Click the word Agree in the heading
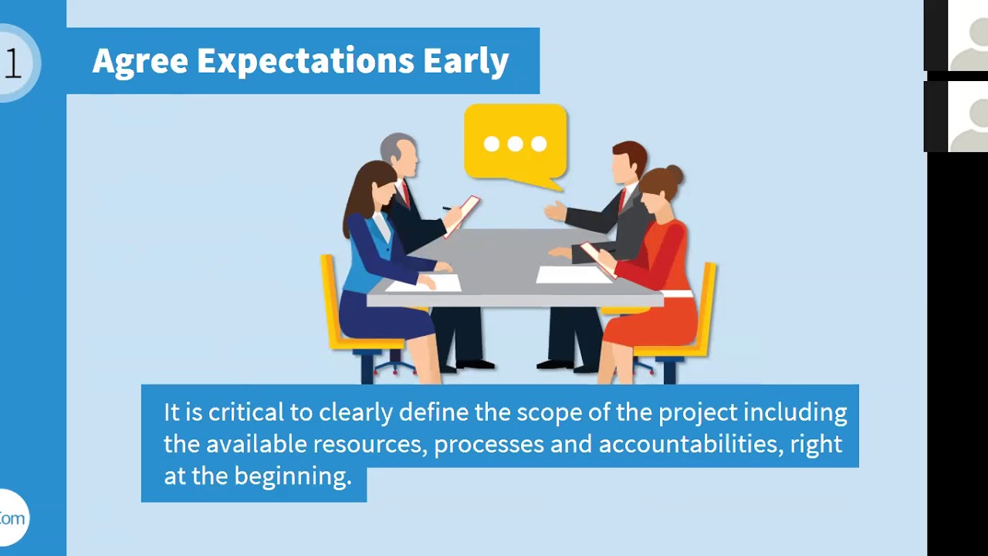click(x=140, y=61)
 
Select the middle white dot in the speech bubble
click(x=515, y=144)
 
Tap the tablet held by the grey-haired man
click(x=462, y=215)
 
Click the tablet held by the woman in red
click(x=597, y=259)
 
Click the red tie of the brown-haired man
click(x=622, y=200)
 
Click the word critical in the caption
click(x=246, y=412)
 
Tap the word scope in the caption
click(x=542, y=412)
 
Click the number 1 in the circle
click(x=12, y=63)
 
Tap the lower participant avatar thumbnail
click(x=965, y=117)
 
